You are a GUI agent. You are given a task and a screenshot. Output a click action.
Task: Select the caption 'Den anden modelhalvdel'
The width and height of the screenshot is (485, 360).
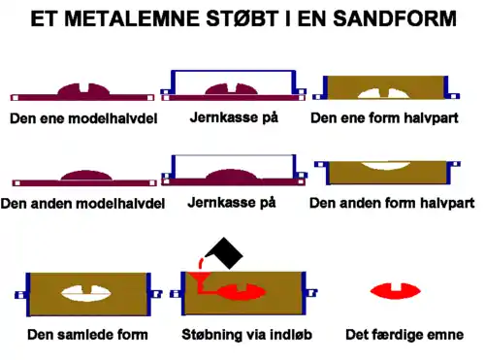(81, 204)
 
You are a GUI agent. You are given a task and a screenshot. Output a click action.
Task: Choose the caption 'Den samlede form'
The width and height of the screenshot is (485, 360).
(87, 335)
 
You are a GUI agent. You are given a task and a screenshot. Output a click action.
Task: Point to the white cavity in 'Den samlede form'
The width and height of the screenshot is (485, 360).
(87, 290)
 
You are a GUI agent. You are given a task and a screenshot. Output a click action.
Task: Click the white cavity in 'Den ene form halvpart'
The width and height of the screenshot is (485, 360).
(385, 91)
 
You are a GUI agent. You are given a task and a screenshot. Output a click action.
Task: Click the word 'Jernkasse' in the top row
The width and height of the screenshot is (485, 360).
(217, 116)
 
